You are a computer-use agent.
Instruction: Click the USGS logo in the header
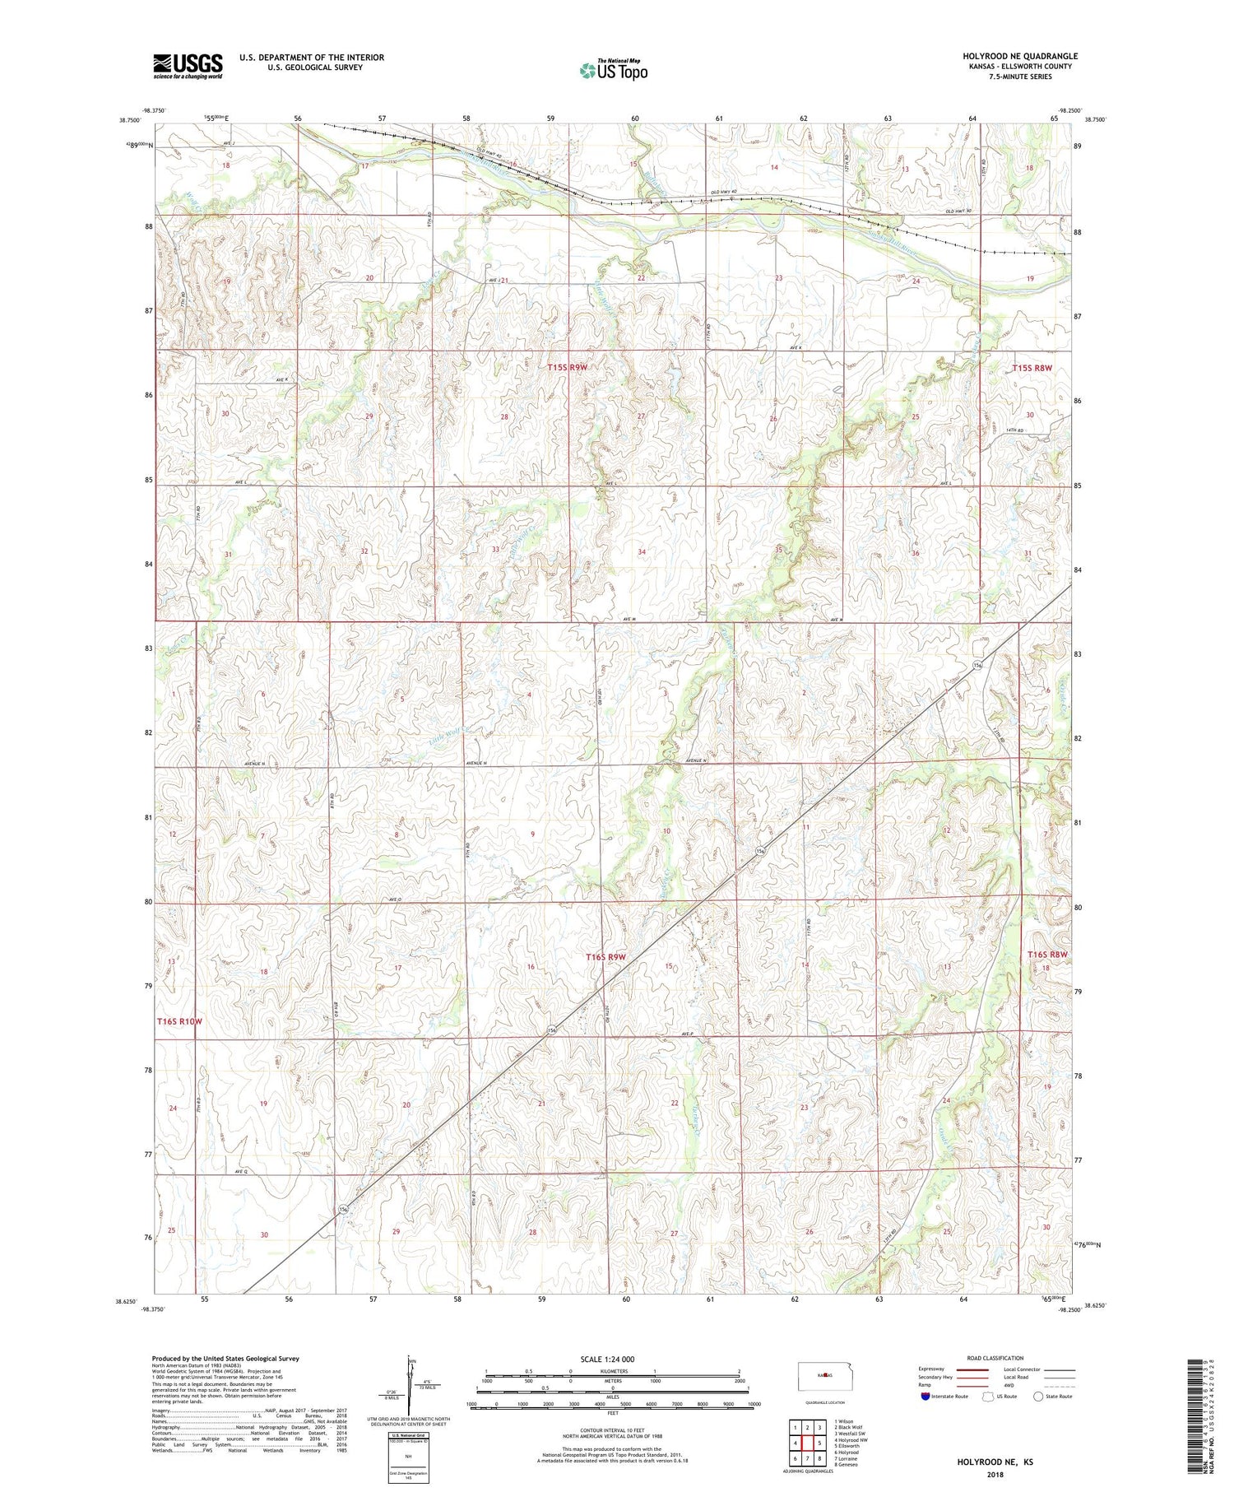tap(188, 66)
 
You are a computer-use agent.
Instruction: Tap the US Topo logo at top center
tap(613, 70)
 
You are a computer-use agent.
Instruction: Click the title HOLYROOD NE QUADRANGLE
tap(1019, 56)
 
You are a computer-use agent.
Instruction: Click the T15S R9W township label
tap(568, 367)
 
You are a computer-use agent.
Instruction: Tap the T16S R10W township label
tap(179, 1021)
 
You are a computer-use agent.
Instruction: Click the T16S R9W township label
tap(606, 957)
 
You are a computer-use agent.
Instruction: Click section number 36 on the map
tap(915, 553)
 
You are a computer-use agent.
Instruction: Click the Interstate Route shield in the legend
tap(926, 1396)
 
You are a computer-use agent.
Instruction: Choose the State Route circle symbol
tap(1039, 1396)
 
